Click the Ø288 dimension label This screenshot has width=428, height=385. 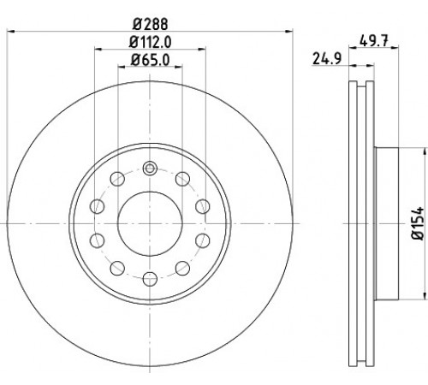pyautogui.click(x=150, y=24)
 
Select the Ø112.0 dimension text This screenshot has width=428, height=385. pyautogui.click(x=150, y=42)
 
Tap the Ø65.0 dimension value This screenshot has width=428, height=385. pyautogui.click(x=150, y=60)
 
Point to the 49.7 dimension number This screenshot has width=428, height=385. pyautogui.click(x=374, y=42)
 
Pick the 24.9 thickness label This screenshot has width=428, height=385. pyautogui.click(x=327, y=59)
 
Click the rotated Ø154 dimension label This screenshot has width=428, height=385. pyautogui.click(x=418, y=223)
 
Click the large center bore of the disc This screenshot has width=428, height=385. pyautogui.click(x=150, y=223)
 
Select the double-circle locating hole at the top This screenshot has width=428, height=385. pyautogui.click(x=150, y=169)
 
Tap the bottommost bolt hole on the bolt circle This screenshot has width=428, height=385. pyautogui.click(x=150, y=279)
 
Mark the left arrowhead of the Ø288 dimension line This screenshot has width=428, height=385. pyautogui.click(x=10, y=31)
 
